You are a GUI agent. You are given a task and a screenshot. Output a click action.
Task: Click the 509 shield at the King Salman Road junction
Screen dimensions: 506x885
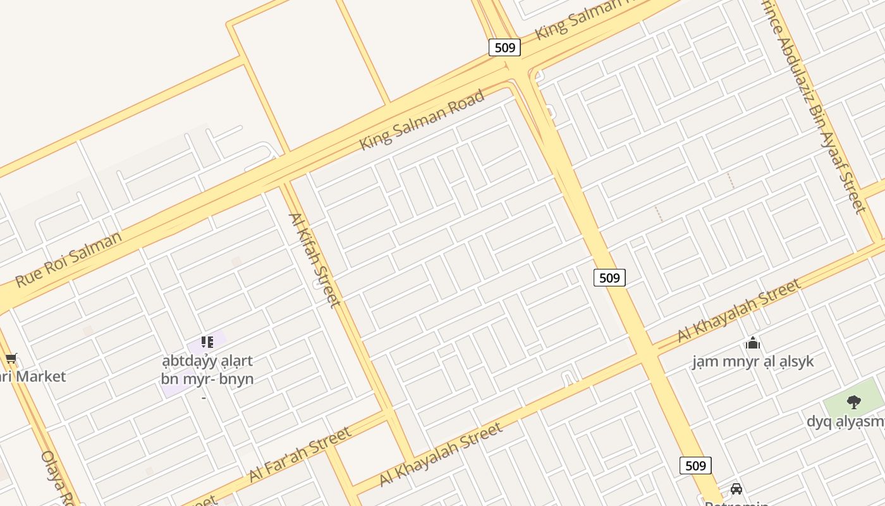(x=504, y=47)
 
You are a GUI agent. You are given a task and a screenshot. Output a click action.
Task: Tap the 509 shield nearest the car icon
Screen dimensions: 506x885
(x=695, y=466)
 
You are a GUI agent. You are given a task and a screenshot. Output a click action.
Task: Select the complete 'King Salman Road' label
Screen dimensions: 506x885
(x=422, y=120)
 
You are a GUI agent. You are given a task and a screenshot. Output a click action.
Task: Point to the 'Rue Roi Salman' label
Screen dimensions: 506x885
(x=68, y=259)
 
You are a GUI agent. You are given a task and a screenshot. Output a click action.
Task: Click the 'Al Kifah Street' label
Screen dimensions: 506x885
(x=314, y=260)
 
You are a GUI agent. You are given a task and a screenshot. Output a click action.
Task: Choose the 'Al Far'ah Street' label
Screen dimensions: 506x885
(x=300, y=454)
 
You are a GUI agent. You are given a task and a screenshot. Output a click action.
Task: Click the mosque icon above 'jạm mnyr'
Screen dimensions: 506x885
(x=752, y=343)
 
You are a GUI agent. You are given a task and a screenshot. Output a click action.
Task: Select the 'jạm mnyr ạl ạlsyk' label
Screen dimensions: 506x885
(x=752, y=362)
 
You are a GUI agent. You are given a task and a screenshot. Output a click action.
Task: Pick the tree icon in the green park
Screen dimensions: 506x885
(x=853, y=402)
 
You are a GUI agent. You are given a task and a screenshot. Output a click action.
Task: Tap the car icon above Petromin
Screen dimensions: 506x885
(x=736, y=488)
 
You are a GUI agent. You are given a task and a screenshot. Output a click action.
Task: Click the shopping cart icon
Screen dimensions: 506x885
(x=11, y=359)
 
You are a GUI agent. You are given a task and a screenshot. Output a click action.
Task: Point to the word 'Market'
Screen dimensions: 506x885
(x=40, y=376)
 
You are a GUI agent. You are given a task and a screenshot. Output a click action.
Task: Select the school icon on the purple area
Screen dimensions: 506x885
(x=207, y=342)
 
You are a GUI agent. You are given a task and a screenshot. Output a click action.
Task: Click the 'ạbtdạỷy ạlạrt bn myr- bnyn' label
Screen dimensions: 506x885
(x=207, y=370)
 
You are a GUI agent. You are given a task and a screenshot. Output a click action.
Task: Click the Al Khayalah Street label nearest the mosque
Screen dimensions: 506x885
(x=738, y=311)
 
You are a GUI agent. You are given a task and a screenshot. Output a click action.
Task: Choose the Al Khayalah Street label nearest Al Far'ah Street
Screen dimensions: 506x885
(x=441, y=454)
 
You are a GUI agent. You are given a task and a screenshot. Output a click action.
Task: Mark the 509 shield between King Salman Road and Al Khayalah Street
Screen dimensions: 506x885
(x=609, y=277)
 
